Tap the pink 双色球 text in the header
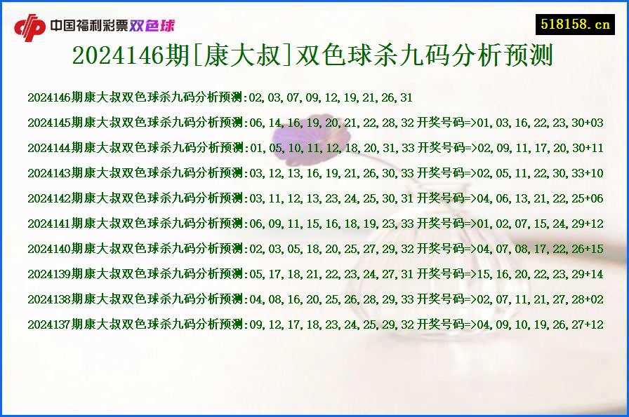click(x=152, y=27)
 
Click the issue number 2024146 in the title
click(x=116, y=55)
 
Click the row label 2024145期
click(x=55, y=123)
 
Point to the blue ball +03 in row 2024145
click(x=593, y=123)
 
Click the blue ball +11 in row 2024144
click(x=593, y=148)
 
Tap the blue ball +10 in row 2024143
click(x=593, y=173)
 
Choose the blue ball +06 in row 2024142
click(x=593, y=198)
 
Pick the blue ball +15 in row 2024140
click(x=593, y=249)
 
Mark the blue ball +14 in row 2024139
click(x=593, y=274)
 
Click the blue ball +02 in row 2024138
click(x=593, y=299)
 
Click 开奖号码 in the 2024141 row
click(x=441, y=224)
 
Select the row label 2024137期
click(x=55, y=324)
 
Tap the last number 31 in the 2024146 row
click(x=406, y=97)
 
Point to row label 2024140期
click(x=55, y=249)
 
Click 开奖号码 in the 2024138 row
click(x=441, y=299)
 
